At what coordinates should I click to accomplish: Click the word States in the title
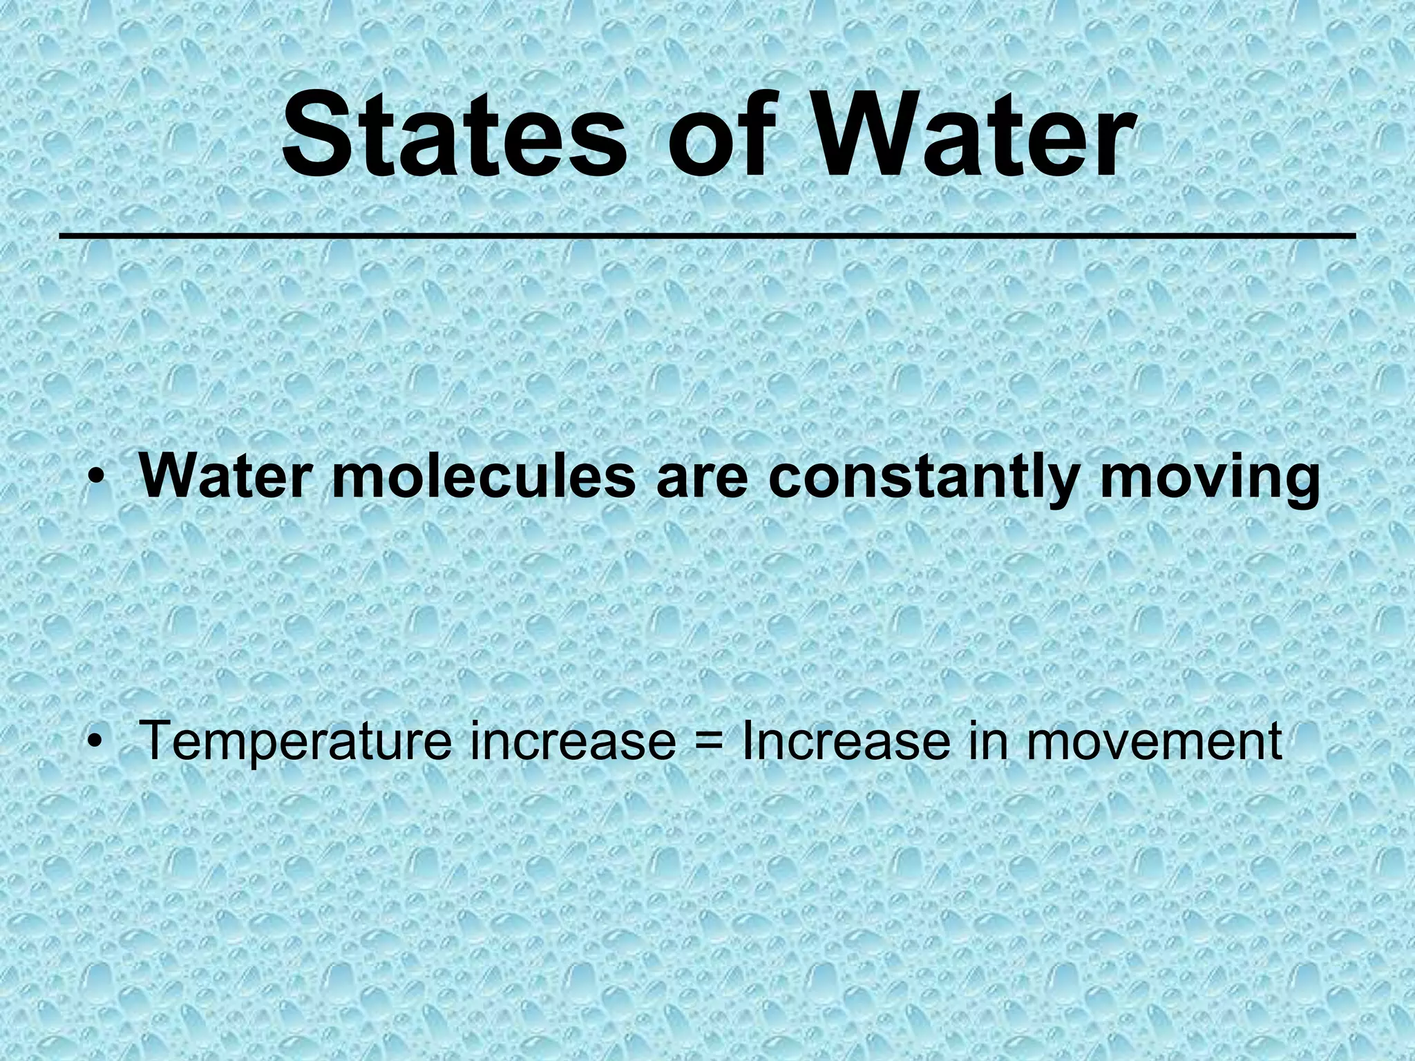pos(453,136)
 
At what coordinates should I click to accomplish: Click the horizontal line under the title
pos(707,237)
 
